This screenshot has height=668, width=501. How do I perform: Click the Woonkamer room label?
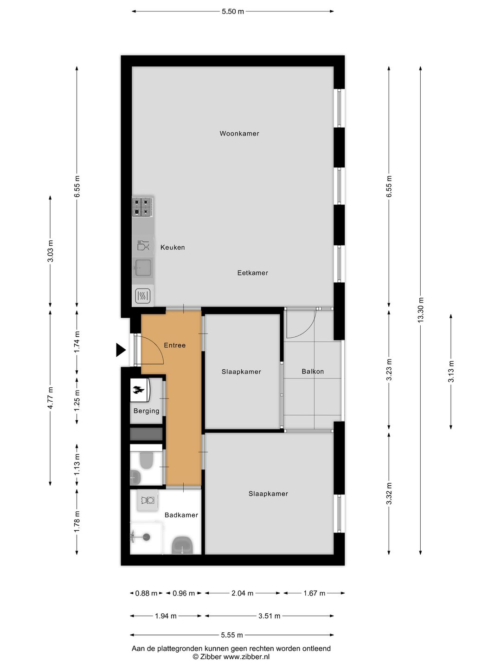[239, 134]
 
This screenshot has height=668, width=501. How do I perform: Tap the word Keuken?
[173, 247]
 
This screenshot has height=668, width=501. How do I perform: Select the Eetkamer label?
[252, 273]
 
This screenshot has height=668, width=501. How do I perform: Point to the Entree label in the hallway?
[174, 345]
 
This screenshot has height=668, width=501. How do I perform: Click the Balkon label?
[313, 371]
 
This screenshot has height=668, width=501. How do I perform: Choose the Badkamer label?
[181, 515]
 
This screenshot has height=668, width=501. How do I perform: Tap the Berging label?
[146, 411]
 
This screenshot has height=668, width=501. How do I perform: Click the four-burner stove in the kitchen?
[142, 206]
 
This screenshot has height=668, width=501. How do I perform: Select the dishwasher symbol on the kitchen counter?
[143, 245]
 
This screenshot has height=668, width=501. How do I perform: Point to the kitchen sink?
[142, 268]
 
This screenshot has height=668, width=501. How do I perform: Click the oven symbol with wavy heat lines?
[142, 295]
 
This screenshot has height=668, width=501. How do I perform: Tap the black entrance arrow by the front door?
[121, 350]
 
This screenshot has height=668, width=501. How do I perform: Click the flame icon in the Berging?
[138, 390]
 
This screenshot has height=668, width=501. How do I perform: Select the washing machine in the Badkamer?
[147, 500]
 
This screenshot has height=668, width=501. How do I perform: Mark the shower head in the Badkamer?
[146, 537]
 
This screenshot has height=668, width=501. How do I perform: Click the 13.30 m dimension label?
[420, 310]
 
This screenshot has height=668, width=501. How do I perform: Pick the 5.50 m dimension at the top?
[233, 12]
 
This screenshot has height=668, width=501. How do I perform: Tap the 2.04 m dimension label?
[242, 593]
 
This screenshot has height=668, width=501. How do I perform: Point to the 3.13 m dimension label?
[450, 371]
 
